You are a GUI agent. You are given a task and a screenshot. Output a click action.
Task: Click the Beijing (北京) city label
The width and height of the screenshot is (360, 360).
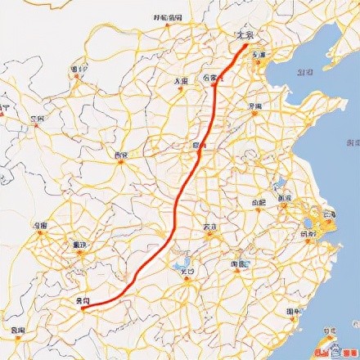(245, 35)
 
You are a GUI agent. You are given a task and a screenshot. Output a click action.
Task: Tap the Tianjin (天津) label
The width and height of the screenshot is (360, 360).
(259, 55)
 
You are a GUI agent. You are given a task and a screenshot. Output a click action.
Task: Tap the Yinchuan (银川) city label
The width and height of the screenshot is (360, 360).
(79, 70)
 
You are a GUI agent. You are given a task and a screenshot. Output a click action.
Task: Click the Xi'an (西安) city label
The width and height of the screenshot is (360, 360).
(122, 155)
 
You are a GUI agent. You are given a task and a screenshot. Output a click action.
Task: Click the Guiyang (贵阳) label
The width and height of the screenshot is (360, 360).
(83, 301)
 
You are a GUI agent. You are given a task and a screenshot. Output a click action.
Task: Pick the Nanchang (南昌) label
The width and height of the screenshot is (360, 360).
(240, 264)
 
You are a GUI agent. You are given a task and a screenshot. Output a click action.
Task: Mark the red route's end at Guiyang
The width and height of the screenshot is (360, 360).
(83, 308)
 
